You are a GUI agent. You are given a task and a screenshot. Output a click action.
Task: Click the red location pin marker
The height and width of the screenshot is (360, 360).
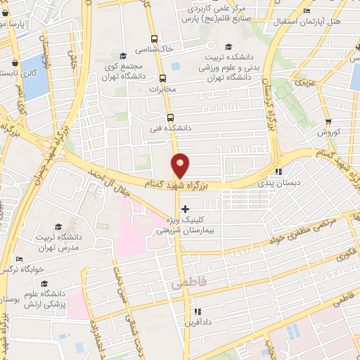[x=181, y=166]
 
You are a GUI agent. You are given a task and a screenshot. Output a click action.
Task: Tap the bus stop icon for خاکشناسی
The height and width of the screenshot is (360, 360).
[x=155, y=39]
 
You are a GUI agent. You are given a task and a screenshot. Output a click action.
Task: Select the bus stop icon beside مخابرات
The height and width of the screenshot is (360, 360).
[x=162, y=78]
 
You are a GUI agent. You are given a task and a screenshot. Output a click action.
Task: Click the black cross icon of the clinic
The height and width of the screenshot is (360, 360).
[x=185, y=209]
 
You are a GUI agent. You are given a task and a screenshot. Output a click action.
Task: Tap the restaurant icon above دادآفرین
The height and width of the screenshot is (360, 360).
[x=198, y=311]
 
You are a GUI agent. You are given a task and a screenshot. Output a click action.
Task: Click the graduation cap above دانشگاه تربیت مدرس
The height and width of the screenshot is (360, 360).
[x=60, y=226]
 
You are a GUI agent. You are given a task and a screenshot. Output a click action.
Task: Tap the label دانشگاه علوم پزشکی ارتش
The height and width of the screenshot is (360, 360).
[x=44, y=298]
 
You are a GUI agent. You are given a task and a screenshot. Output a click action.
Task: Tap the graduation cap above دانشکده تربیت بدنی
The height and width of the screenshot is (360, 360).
[x=210, y=45]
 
